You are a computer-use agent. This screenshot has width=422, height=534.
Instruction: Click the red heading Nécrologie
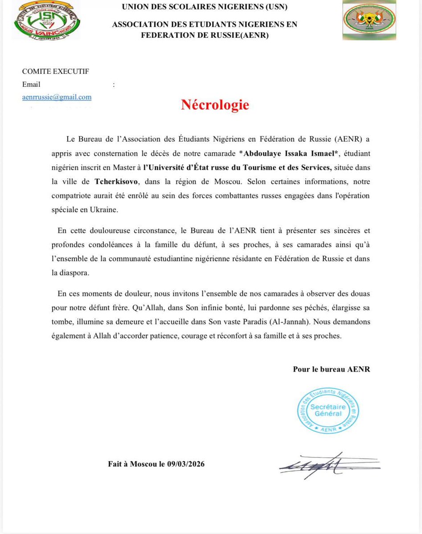215,105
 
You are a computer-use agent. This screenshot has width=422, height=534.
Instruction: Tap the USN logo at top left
46,20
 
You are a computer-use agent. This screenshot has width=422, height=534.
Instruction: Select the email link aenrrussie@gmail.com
57,97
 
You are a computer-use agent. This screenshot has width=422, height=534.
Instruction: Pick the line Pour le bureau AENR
331,369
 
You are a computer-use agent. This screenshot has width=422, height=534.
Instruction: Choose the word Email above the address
31,84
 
